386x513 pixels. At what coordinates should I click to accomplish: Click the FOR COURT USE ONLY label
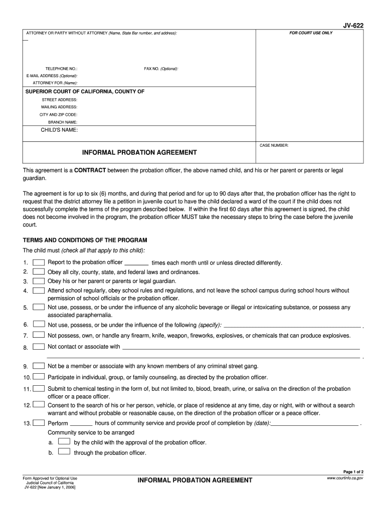coord(311,33)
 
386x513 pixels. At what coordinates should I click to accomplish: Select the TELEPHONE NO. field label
coord(61,69)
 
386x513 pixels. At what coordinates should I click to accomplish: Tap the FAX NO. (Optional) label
coord(161,69)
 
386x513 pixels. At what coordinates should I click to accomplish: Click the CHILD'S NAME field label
coord(59,130)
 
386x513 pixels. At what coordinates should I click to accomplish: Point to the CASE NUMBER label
coord(274,145)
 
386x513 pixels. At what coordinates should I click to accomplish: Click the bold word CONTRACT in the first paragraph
coord(90,170)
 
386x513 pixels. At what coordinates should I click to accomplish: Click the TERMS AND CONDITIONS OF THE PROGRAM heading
coord(85,240)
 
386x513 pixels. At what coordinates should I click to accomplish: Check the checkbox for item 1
coord(39,263)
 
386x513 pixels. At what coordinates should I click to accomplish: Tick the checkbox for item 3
coord(39,281)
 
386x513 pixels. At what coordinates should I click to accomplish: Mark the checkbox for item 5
coord(39,307)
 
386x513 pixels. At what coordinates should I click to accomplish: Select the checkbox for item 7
coord(39,335)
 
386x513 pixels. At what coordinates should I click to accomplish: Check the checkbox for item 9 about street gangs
coord(39,366)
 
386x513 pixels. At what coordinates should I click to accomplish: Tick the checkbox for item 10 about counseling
coord(39,377)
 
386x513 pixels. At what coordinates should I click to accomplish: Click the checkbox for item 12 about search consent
coord(39,404)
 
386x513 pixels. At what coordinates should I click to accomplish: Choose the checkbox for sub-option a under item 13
coord(64,441)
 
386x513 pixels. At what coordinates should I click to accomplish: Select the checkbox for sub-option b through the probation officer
coord(64,451)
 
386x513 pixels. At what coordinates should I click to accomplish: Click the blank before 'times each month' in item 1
coord(136,263)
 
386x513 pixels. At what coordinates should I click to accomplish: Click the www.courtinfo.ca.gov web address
coord(344,478)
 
